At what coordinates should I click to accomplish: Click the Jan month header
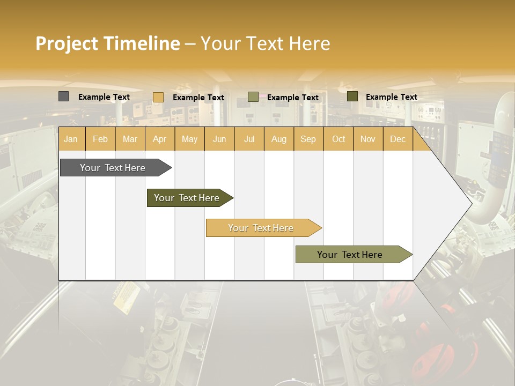[71, 139]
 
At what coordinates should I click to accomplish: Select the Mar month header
[130, 139]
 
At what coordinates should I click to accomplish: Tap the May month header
[189, 139]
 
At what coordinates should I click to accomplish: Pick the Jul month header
[249, 139]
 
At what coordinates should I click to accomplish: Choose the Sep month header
[308, 139]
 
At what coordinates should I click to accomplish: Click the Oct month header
[339, 139]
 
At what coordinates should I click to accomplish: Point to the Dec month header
[398, 139]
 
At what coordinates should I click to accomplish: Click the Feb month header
[100, 139]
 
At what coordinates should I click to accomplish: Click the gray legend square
[63, 96]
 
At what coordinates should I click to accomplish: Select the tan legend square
[158, 97]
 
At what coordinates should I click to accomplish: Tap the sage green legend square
[253, 97]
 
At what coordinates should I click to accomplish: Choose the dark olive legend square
[352, 96]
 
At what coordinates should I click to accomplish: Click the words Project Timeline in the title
[107, 43]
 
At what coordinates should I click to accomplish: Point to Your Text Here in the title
[265, 43]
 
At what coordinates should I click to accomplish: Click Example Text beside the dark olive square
[391, 97]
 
